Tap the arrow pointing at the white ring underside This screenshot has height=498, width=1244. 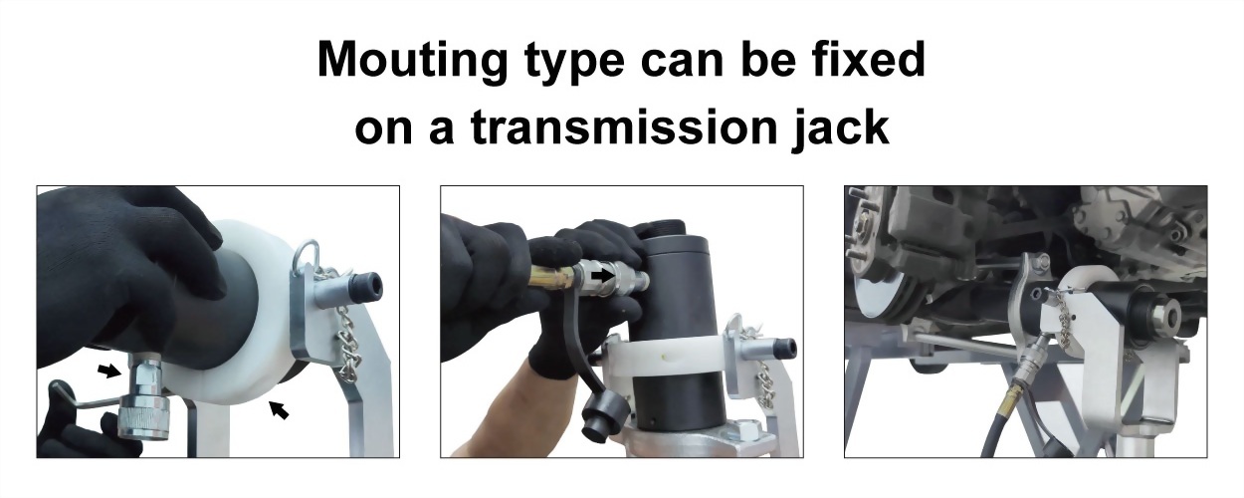[279, 410]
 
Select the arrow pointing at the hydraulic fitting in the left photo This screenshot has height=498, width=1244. [109, 371]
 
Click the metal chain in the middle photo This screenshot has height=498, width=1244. [762, 373]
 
